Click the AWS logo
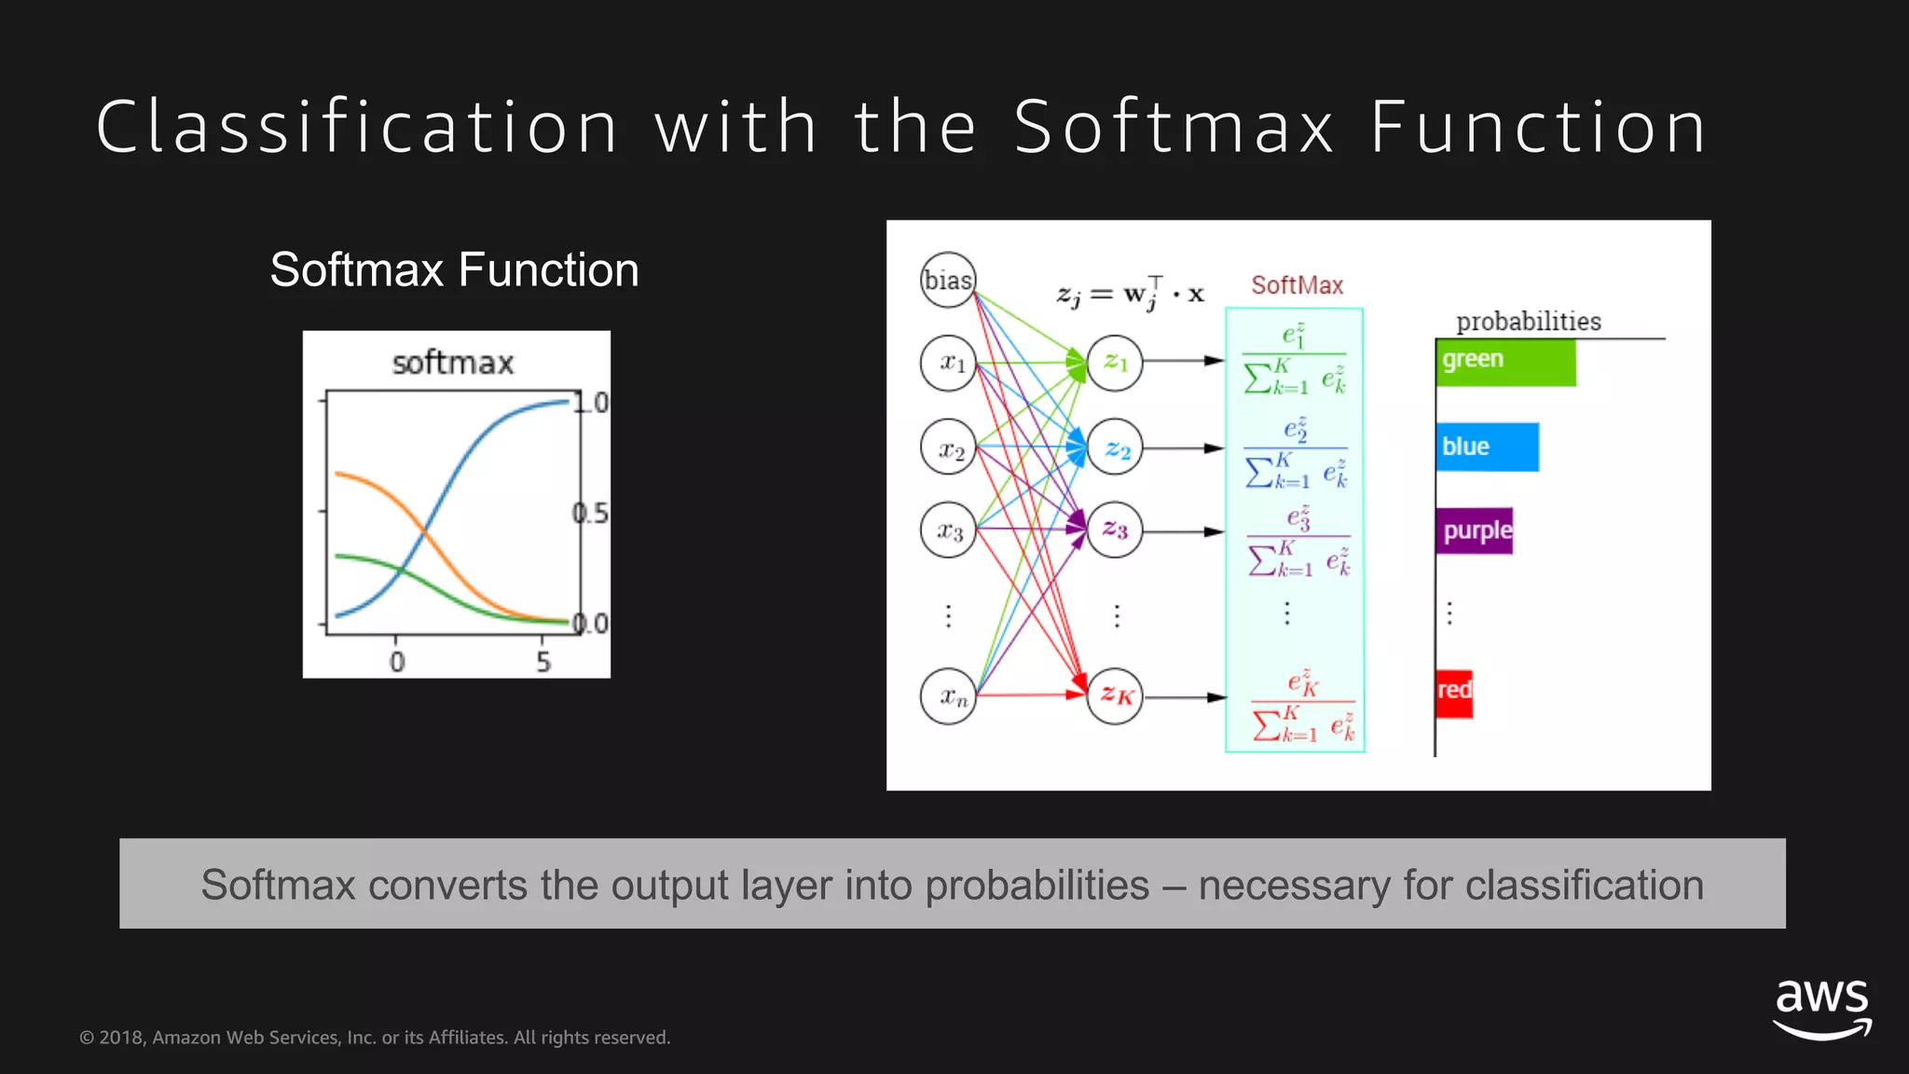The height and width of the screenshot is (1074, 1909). tap(1821, 1008)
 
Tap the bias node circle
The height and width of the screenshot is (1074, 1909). tap(948, 280)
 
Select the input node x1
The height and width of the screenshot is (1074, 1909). tap(948, 363)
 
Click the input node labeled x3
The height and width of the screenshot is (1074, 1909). tap(948, 530)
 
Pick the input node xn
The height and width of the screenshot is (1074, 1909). tap(948, 695)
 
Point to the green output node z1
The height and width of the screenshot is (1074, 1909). tap(1115, 363)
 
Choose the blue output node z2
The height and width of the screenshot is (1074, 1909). tap(1115, 448)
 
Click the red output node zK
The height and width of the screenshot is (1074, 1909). tap(1115, 695)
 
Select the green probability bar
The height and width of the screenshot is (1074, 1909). tap(1504, 363)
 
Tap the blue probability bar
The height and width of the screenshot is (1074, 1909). tap(1487, 447)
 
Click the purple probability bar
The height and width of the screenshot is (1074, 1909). tap(1475, 530)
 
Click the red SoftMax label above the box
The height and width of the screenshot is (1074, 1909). tap(1297, 285)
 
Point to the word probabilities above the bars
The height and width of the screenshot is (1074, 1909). tap(1529, 322)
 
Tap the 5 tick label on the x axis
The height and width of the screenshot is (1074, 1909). tap(543, 662)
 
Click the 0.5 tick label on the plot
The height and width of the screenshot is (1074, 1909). tap(591, 513)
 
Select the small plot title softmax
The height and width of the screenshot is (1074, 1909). tap(453, 363)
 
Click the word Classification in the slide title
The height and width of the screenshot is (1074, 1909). tap(357, 127)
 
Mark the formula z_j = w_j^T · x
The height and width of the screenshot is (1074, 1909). tap(1130, 293)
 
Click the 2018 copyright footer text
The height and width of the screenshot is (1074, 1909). tap(375, 1038)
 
